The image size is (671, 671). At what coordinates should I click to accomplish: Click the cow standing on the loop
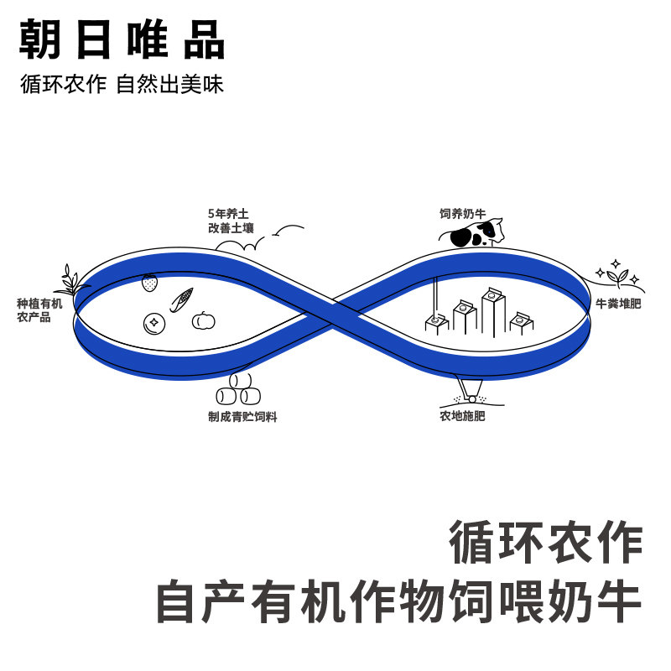click(476, 233)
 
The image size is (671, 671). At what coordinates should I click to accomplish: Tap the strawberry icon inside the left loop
click(150, 282)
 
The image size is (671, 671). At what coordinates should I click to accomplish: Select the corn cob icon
click(181, 299)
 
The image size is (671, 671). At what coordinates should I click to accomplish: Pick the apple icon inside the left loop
click(203, 320)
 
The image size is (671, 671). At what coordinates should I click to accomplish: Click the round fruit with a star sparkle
click(153, 323)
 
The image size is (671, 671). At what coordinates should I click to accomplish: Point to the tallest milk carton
click(492, 310)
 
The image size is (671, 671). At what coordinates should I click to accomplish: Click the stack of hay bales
click(239, 390)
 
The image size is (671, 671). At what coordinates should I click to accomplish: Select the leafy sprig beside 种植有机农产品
click(73, 278)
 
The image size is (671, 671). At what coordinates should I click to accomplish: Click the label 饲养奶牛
click(462, 214)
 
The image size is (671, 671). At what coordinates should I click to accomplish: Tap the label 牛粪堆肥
click(618, 304)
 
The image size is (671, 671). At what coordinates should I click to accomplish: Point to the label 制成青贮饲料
click(242, 417)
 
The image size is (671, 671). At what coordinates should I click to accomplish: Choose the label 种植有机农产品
click(39, 310)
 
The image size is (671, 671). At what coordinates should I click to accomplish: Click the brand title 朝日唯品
click(122, 39)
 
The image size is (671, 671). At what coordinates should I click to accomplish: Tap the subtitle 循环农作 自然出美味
click(122, 85)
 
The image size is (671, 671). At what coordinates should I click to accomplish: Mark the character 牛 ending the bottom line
click(620, 602)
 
